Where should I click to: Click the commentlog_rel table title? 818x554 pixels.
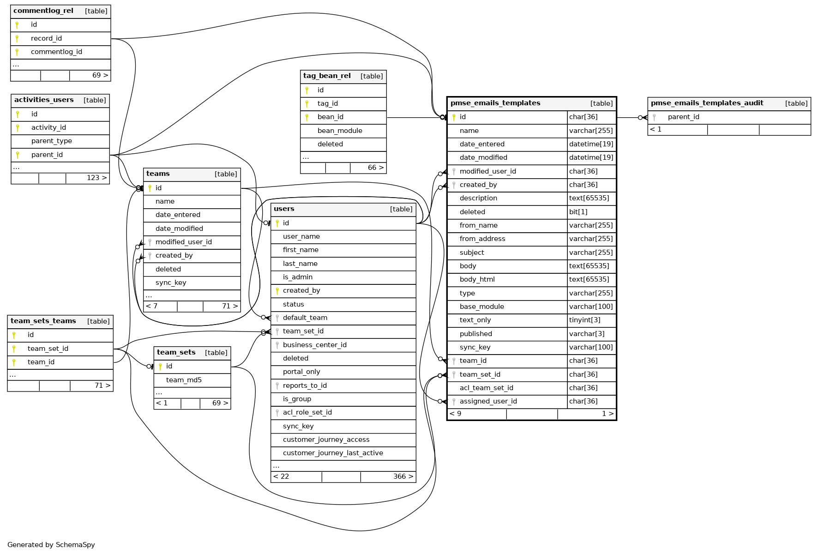pos(43,11)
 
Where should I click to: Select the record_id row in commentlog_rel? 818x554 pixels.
pos(46,38)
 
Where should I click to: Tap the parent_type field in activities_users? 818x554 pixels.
pos(51,141)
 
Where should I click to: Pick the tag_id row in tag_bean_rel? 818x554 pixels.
pos(327,103)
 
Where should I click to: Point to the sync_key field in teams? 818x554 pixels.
pos(171,283)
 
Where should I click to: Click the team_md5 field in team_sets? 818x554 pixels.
pos(184,380)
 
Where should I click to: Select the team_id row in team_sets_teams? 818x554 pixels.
pos(41,362)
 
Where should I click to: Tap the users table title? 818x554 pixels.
pos(284,209)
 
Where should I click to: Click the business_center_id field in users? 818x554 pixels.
pos(314,345)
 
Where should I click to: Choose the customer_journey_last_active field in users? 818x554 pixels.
pos(333,453)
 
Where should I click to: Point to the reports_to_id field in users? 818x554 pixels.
pos(305,385)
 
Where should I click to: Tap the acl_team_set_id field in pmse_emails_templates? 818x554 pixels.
pos(486,388)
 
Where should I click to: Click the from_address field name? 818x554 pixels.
pos(482,239)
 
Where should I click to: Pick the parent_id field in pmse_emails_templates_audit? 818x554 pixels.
pos(683,117)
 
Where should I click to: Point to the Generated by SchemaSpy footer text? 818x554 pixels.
pos(51,545)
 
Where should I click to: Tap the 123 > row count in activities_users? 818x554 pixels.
pos(96,178)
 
